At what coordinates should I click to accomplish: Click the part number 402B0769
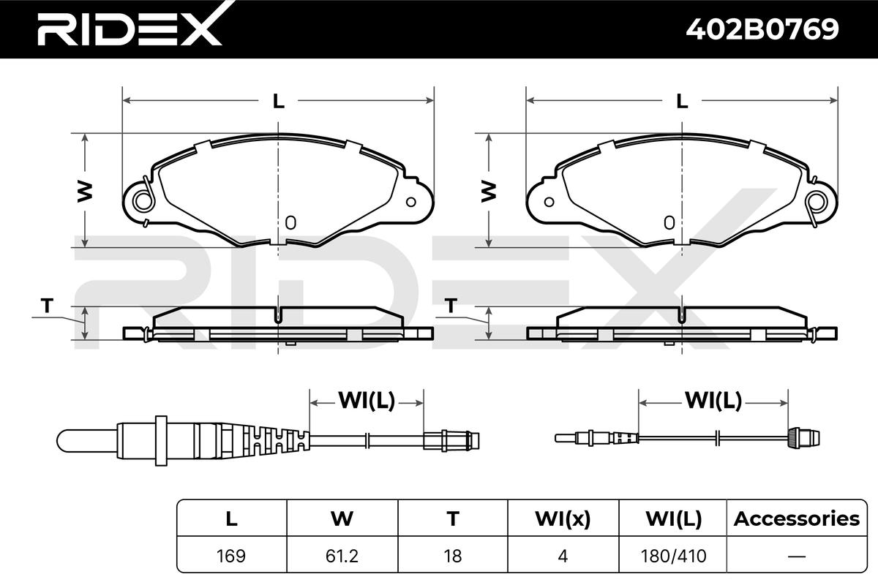762,29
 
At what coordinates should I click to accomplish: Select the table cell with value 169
231,556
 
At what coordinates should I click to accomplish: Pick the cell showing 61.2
342,556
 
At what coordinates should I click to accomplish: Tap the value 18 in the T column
453,556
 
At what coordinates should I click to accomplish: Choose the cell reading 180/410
673,556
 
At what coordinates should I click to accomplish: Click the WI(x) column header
563,518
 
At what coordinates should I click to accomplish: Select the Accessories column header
797,518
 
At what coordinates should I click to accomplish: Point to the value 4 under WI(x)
563,556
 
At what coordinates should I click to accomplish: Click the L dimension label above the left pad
278,101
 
